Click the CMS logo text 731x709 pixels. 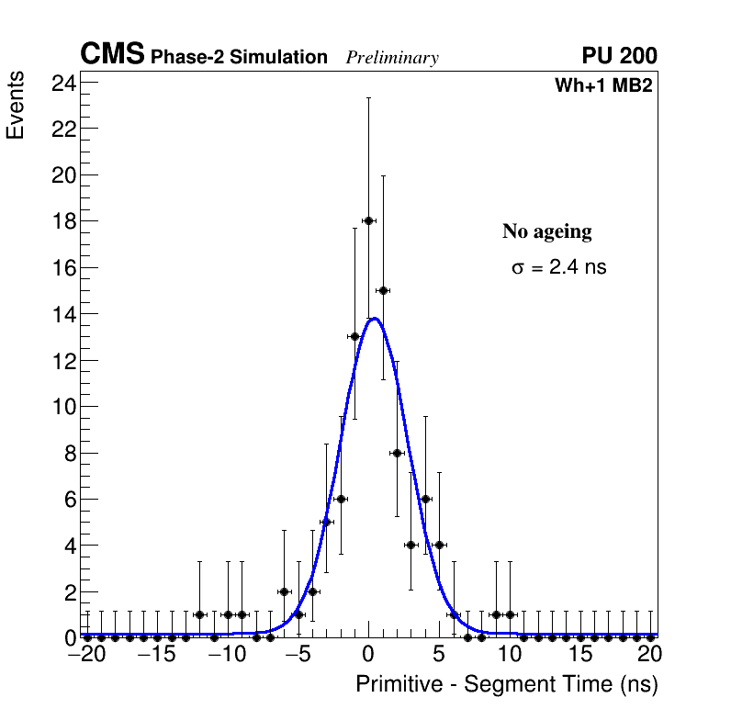coord(112,55)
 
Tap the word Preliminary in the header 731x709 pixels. coord(392,58)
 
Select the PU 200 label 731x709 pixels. coord(619,56)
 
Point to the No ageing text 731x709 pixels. coord(546,232)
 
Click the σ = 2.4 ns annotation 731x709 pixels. coord(558,268)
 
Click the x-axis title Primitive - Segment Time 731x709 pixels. coord(506,684)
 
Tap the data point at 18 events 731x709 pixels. coord(368,220)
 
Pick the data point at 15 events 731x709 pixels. coord(383,290)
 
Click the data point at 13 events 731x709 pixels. coord(354,336)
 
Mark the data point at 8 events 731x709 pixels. coord(397,453)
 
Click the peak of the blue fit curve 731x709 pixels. coord(374,319)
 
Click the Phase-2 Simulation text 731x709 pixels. coord(239,58)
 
